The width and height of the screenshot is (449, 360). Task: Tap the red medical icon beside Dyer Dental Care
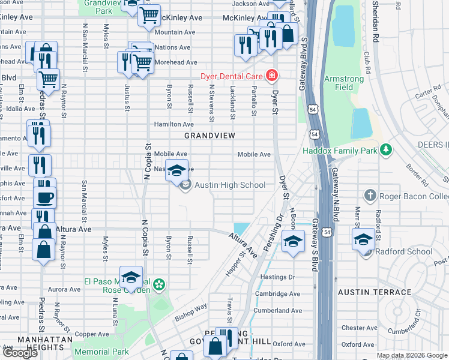(273, 76)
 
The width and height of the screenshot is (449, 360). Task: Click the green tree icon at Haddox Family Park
(387, 149)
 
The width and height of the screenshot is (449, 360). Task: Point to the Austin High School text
(230, 185)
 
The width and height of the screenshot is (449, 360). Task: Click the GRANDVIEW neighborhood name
(209, 136)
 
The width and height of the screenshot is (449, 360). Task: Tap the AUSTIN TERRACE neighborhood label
(375, 292)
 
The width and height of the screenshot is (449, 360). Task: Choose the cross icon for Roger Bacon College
(370, 196)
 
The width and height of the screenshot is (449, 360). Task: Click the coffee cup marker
(44, 197)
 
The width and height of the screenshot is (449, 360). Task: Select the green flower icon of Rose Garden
(159, 284)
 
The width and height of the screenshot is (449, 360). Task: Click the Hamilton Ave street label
(173, 124)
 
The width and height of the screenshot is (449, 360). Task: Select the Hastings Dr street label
(279, 277)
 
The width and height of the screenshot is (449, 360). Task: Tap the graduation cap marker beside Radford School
(363, 239)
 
